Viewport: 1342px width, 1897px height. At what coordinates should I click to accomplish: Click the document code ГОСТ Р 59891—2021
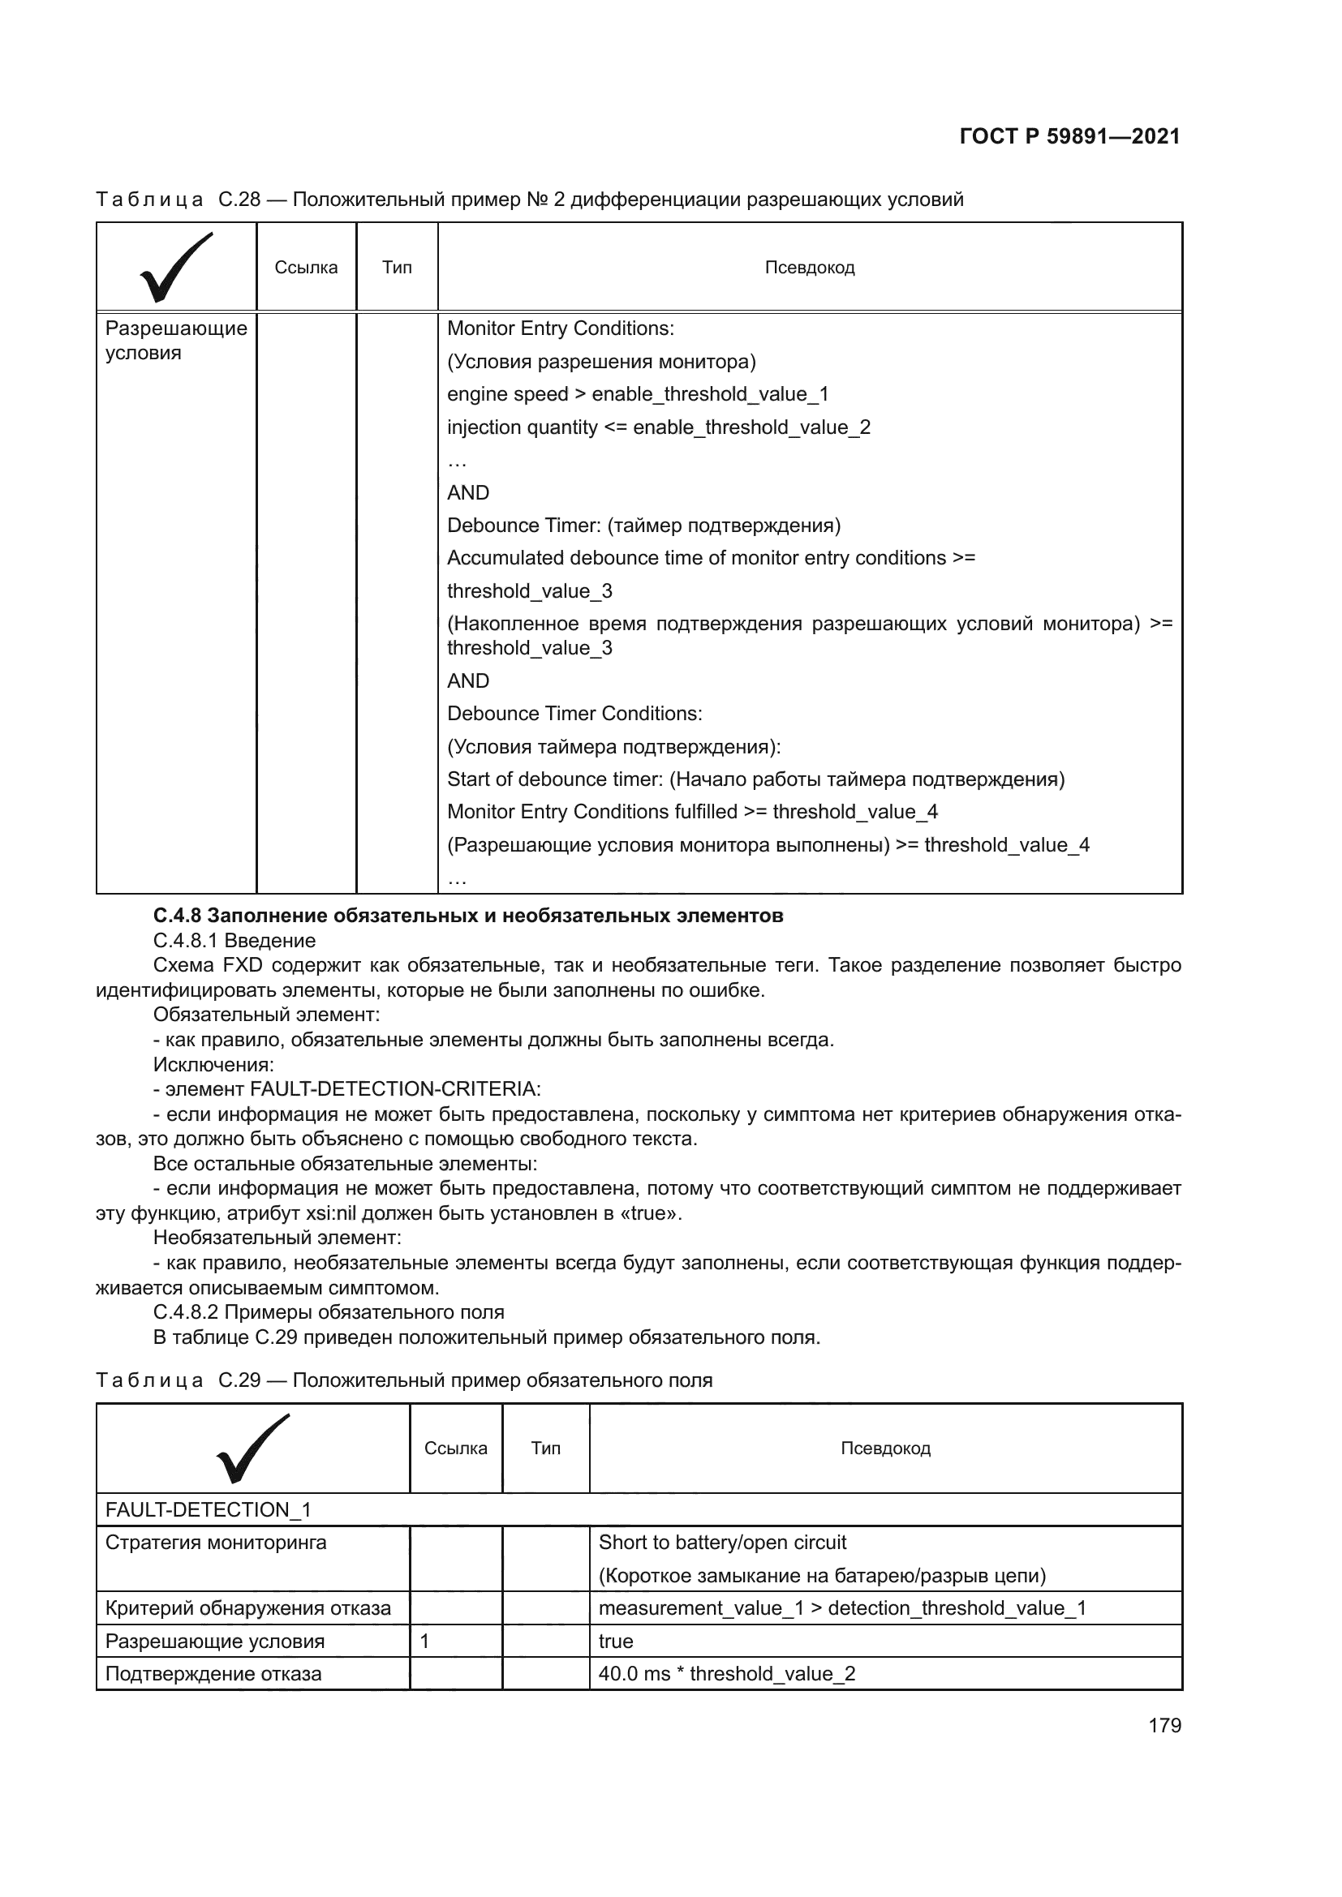(1069, 136)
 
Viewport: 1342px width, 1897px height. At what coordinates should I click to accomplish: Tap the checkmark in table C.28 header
(176, 267)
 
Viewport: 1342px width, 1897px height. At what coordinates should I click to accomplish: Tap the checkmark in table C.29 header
(252, 1449)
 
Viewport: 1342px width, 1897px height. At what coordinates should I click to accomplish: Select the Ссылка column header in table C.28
(306, 268)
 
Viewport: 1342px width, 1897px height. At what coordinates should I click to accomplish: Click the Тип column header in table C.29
(545, 1449)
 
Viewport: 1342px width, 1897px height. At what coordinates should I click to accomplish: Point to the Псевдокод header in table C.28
(809, 268)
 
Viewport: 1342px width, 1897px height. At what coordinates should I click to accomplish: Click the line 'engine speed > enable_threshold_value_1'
(637, 394)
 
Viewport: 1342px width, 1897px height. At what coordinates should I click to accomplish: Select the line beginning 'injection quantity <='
(658, 427)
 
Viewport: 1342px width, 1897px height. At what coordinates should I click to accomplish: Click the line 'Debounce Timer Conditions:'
(574, 713)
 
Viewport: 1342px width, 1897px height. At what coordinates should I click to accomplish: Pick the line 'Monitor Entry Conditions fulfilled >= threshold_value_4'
(691, 811)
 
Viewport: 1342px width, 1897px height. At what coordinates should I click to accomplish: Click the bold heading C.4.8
(467, 916)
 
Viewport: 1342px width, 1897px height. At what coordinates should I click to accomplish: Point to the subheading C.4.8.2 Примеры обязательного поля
(328, 1312)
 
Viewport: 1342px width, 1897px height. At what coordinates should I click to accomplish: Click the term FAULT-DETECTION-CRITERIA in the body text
(394, 1089)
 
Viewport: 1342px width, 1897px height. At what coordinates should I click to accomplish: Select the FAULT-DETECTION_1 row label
(208, 1509)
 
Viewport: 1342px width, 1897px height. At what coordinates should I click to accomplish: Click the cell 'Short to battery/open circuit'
(722, 1543)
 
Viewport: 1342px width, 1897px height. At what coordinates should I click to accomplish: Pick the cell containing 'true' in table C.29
(616, 1641)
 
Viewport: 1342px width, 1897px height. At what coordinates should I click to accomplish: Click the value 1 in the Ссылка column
(424, 1641)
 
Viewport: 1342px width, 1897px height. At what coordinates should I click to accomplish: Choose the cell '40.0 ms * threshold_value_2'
(726, 1674)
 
